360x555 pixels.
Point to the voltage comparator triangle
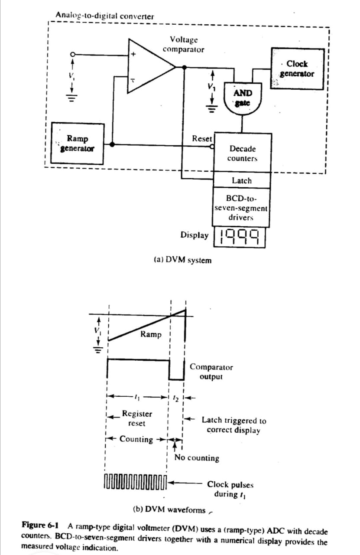(x=149, y=66)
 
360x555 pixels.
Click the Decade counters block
(x=242, y=153)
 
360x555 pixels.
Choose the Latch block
(x=242, y=180)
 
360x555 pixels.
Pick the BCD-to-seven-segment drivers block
(x=242, y=207)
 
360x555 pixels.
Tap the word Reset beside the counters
(x=202, y=139)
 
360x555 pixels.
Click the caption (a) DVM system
(x=183, y=260)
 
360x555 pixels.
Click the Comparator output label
(x=211, y=372)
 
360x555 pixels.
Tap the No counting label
(x=197, y=458)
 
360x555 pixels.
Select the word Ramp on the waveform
(x=151, y=334)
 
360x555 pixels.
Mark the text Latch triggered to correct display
(x=234, y=425)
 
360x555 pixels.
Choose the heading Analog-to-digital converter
(x=104, y=16)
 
